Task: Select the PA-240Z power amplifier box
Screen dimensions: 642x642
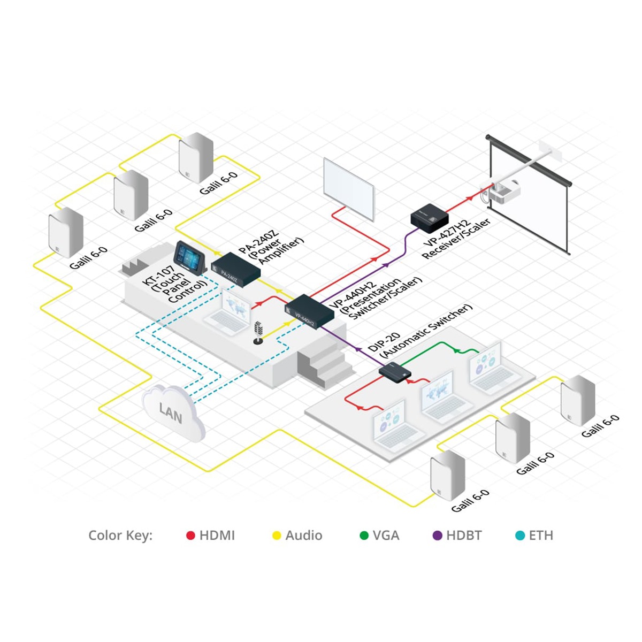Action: coord(235,270)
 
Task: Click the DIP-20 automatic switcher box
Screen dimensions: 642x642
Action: coord(395,371)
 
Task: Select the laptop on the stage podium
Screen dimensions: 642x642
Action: coord(230,313)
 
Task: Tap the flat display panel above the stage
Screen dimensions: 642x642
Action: coord(348,188)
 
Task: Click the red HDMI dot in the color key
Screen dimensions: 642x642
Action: coord(190,536)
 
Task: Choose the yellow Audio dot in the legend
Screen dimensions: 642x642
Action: coord(277,536)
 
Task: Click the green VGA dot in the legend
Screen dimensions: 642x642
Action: coord(364,536)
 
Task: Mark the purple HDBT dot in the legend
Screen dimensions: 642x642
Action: coord(438,536)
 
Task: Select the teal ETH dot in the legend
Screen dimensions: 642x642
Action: coord(520,536)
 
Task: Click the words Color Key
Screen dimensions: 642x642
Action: coord(120,536)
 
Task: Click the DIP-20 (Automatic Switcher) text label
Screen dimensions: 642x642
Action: coord(420,332)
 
